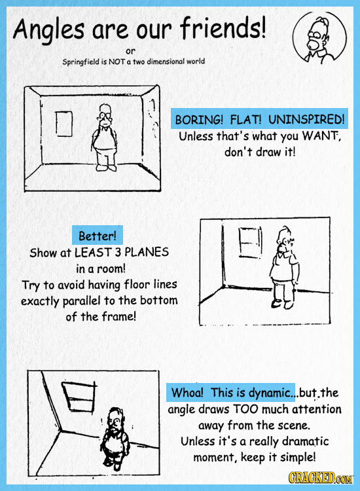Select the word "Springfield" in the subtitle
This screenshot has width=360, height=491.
(x=81, y=62)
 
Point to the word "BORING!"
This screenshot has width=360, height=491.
(x=199, y=120)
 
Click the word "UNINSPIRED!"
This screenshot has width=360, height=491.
(x=306, y=119)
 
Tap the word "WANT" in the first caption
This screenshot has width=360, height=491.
(x=320, y=137)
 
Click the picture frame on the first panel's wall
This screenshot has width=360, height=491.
(x=64, y=124)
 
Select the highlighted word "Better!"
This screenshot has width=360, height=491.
(x=98, y=236)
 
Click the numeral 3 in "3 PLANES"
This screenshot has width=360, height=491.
(x=118, y=252)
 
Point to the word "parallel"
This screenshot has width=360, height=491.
(x=81, y=301)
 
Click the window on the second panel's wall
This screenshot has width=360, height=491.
(x=250, y=243)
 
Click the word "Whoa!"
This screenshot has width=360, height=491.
(x=187, y=392)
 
